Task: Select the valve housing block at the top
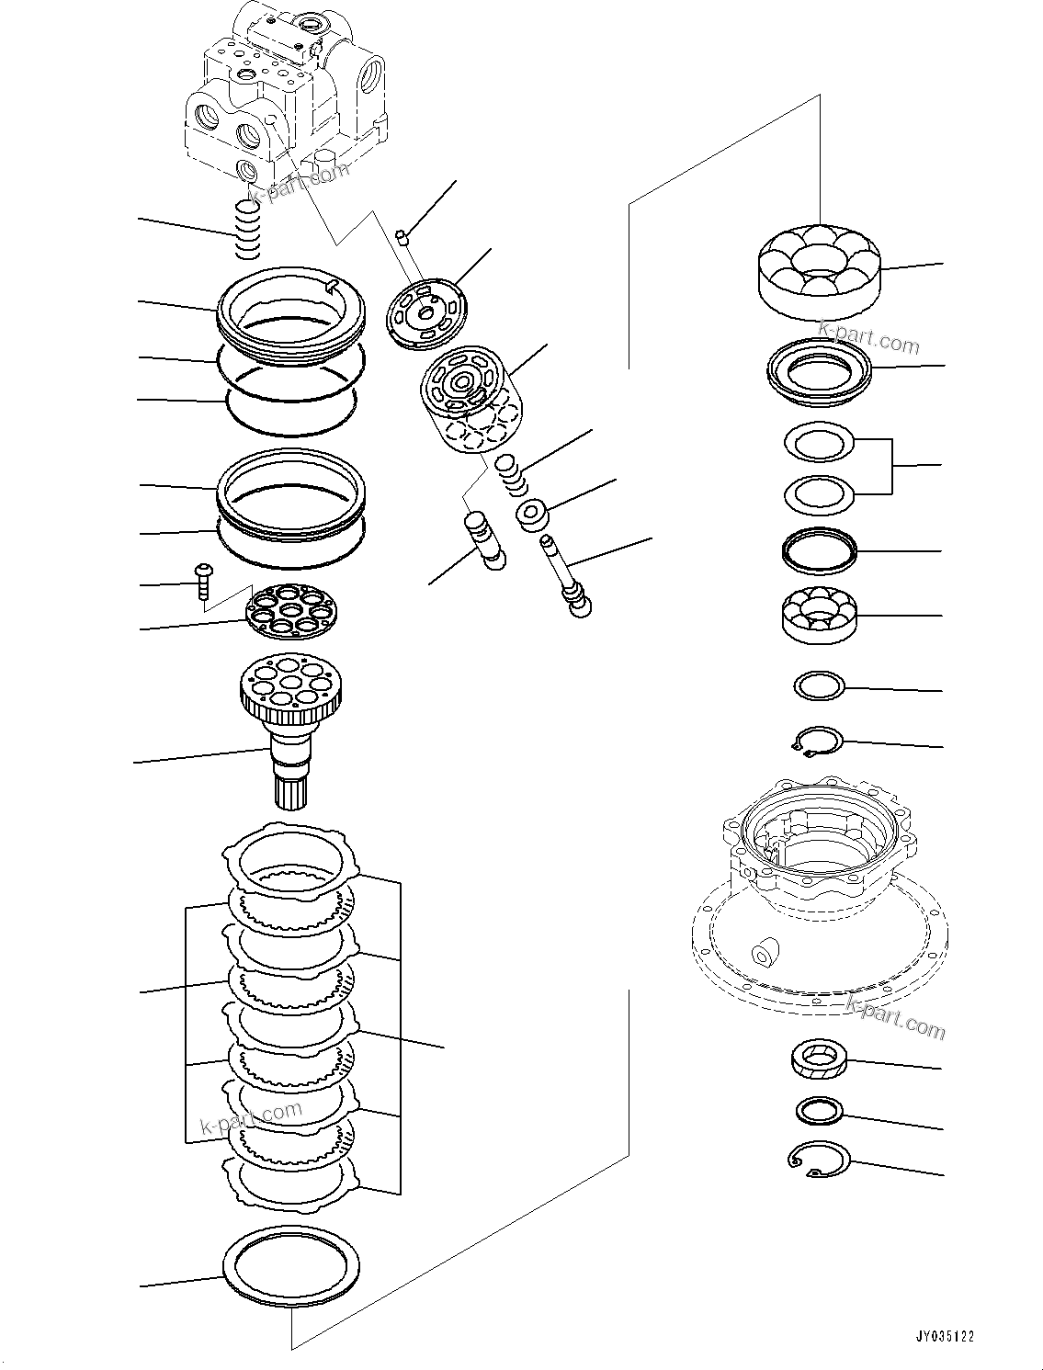coord(276,92)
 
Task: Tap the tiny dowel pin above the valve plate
coord(402,240)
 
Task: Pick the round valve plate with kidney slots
coord(425,314)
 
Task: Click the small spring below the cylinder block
coord(511,473)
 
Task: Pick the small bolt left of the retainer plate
coord(202,582)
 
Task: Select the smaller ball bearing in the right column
coord(819,613)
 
